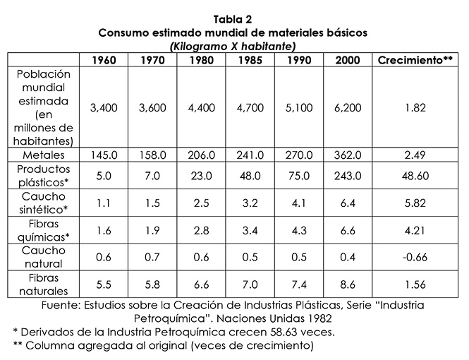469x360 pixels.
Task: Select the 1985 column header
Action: pos(249,60)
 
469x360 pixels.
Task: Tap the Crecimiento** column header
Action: pos(415,60)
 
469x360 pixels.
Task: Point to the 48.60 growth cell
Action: pos(415,176)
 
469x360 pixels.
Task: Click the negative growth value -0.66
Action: pos(415,256)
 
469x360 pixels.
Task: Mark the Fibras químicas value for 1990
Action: pos(299,229)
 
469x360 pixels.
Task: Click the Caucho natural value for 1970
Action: pos(152,256)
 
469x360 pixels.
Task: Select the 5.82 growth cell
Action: pos(415,202)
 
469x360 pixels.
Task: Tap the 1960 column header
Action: pos(103,60)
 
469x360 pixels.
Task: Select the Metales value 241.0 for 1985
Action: pos(249,155)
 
